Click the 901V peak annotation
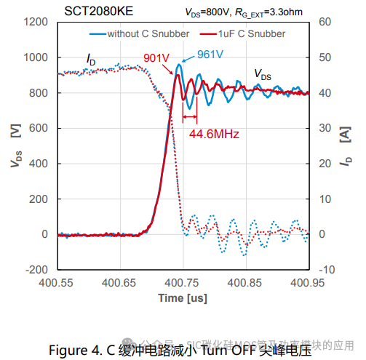[x=156, y=58]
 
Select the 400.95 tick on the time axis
[x=307, y=281]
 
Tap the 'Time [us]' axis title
[x=182, y=298]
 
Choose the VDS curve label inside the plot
[x=263, y=74]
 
